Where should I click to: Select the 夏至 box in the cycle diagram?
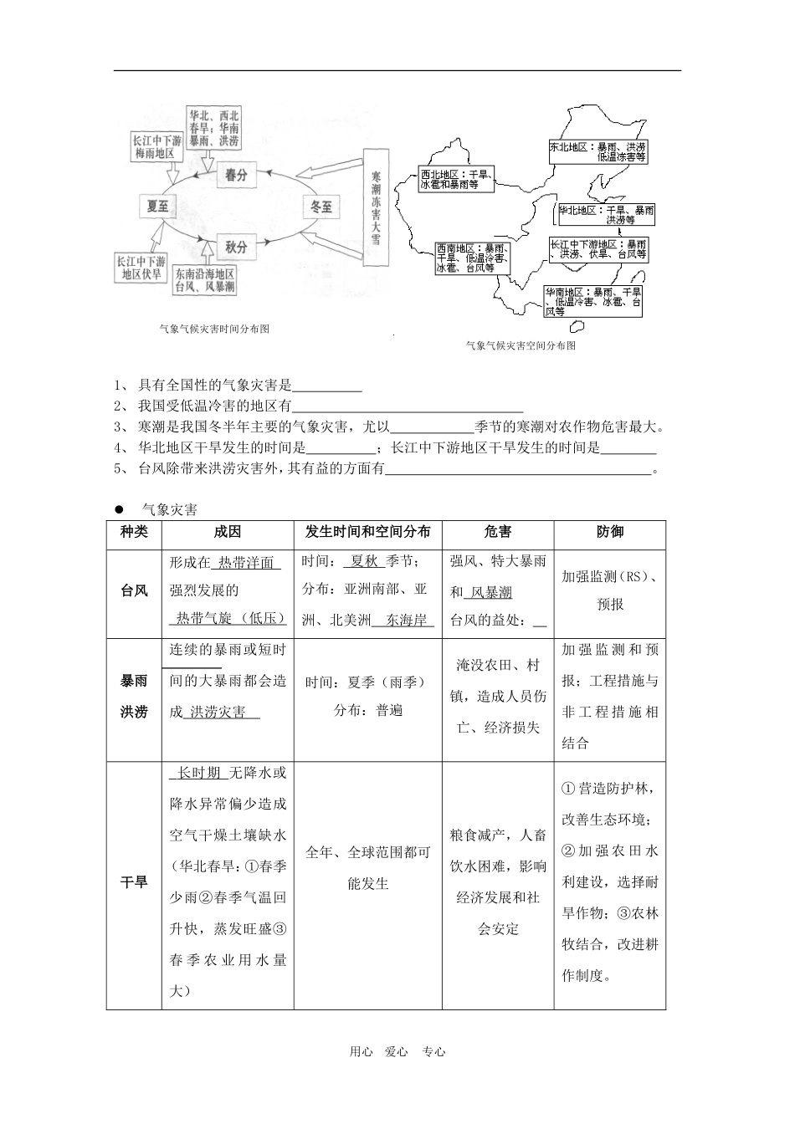coord(157,206)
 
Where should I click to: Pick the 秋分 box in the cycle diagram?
coord(236,248)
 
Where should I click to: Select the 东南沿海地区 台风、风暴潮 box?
coord(204,280)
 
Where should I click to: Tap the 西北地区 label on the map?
coord(456,180)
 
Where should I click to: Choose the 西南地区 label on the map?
coord(471,258)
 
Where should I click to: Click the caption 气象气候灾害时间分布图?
coord(214,330)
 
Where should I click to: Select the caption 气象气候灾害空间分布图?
coord(521,345)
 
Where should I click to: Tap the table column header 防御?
coord(610,532)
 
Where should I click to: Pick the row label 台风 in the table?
coord(134,590)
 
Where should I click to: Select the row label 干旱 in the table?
coord(134,882)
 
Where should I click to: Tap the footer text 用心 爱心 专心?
coord(397,1052)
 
